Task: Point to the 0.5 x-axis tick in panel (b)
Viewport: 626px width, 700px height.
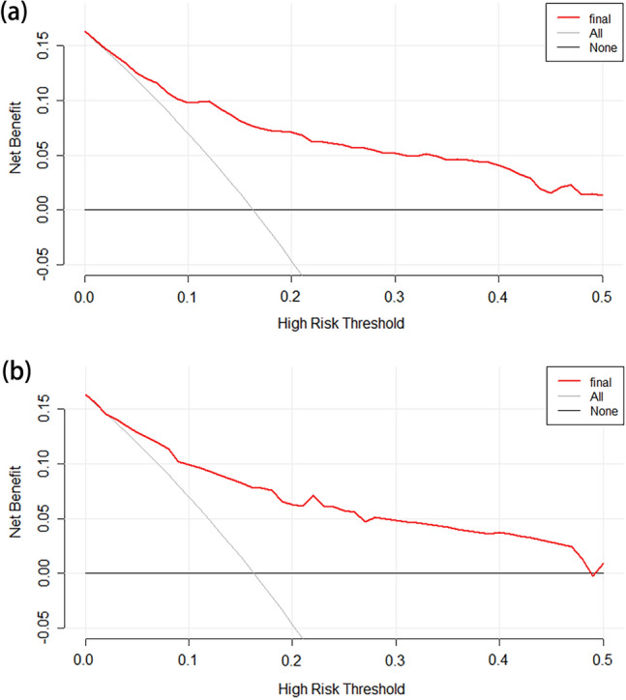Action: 603,658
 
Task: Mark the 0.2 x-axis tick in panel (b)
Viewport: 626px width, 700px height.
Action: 292,658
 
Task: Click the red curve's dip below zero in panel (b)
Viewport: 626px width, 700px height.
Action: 593,575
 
